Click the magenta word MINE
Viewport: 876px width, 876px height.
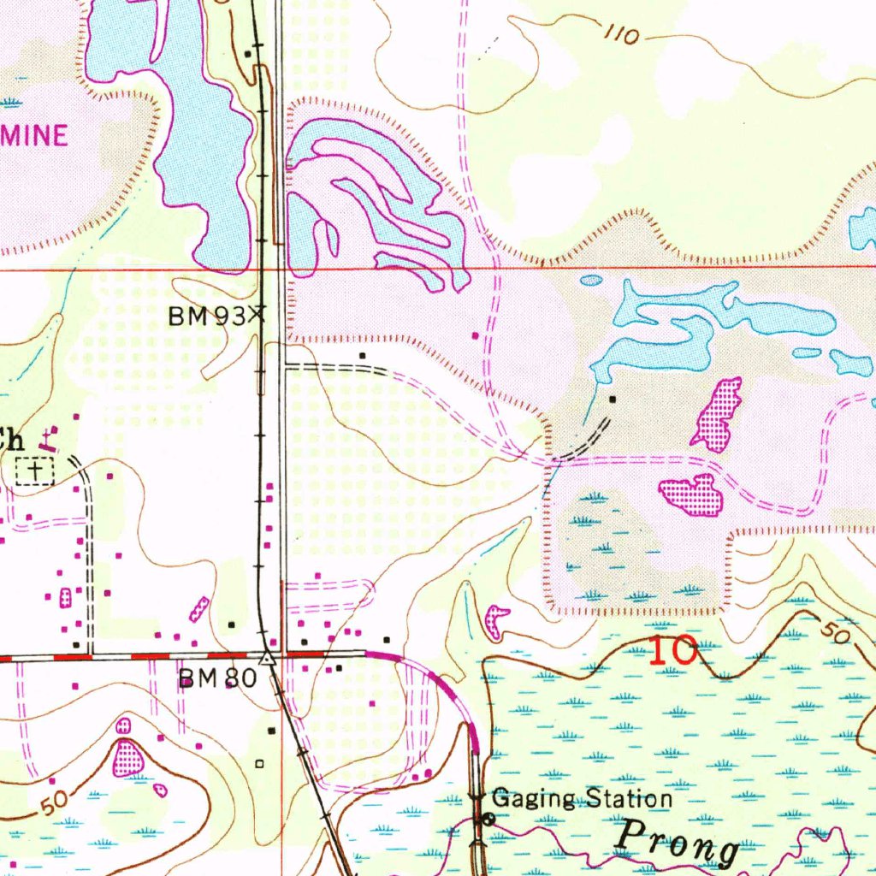(x=33, y=136)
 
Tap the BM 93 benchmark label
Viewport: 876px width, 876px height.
(x=206, y=317)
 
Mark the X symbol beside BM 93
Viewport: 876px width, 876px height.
(x=257, y=315)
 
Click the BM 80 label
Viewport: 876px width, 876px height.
(x=216, y=678)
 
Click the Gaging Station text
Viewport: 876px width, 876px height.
(x=583, y=799)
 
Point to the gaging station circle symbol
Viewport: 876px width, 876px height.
(x=487, y=819)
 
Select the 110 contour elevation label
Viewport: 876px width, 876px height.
(x=622, y=35)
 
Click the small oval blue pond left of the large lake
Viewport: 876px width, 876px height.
(x=591, y=280)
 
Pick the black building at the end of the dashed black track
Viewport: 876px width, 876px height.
(x=612, y=400)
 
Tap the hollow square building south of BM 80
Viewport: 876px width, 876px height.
(x=260, y=762)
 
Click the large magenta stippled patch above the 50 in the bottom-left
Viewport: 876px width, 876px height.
(x=127, y=757)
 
